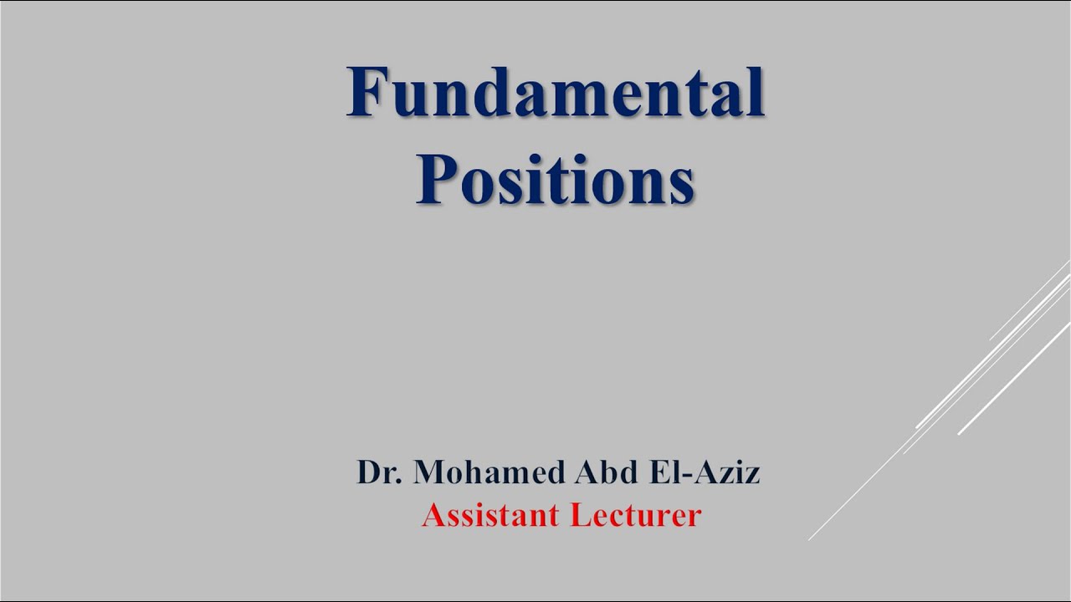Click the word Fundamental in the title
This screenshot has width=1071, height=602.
click(x=556, y=93)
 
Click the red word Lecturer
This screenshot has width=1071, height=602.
click(x=635, y=515)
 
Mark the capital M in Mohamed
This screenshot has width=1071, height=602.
click(x=428, y=473)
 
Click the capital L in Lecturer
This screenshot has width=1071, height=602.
click(x=579, y=515)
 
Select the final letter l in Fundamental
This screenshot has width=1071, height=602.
click(x=756, y=93)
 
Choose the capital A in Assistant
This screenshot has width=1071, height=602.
click(x=433, y=515)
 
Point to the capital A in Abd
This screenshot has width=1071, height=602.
click(x=585, y=473)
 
